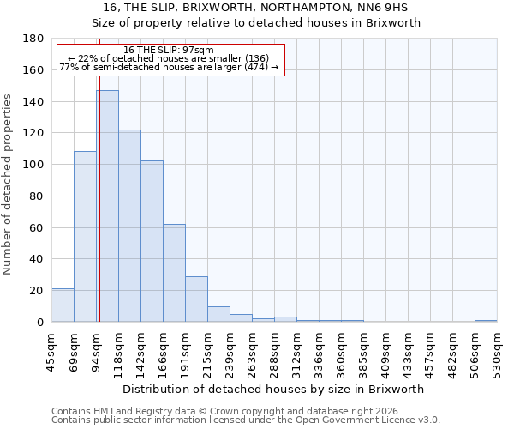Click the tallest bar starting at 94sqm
(x=107, y=206)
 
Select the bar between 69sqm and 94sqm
(x=85, y=236)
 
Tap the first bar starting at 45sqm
(x=63, y=305)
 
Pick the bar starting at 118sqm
(x=129, y=226)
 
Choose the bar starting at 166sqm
(x=174, y=273)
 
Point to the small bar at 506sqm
(x=486, y=321)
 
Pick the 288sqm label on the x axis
(x=274, y=353)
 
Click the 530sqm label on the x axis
(x=497, y=353)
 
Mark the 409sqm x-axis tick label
(x=385, y=353)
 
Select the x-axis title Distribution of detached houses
(x=274, y=390)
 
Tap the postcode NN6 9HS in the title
(x=395, y=8)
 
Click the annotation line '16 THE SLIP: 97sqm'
(x=169, y=50)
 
